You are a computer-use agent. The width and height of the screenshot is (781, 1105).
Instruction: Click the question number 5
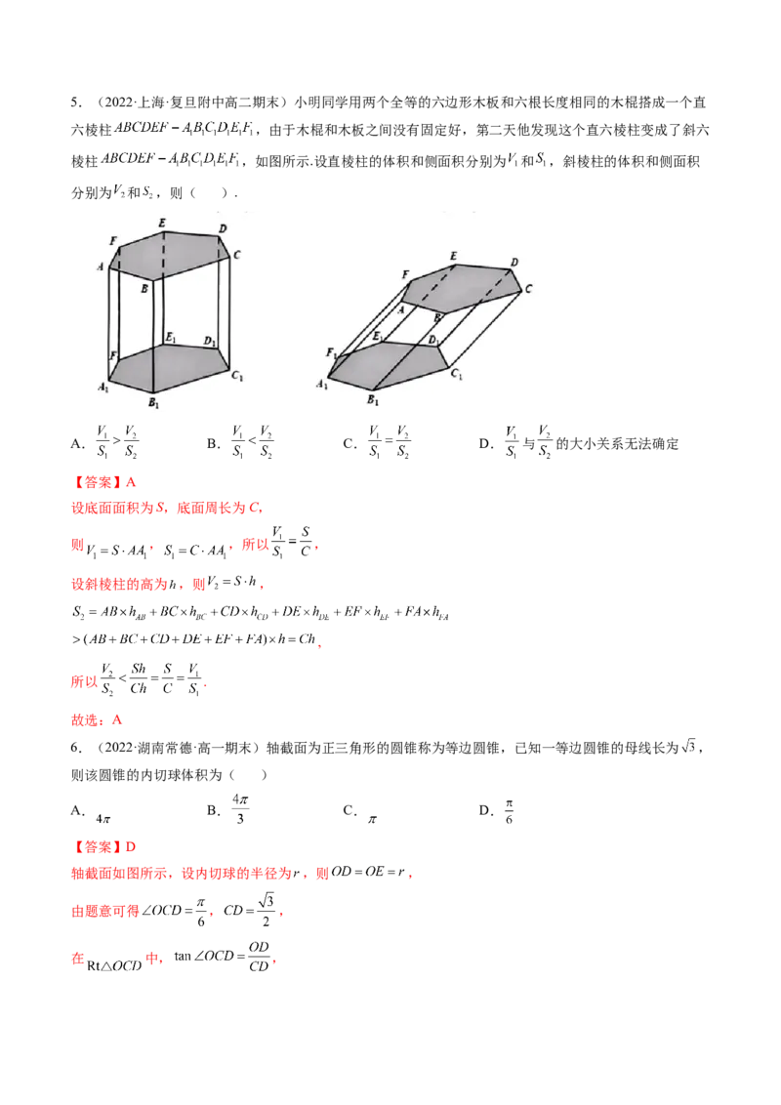(75, 102)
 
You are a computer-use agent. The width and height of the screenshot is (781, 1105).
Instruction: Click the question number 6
(75, 748)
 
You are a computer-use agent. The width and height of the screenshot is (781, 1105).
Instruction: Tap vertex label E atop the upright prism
(162, 223)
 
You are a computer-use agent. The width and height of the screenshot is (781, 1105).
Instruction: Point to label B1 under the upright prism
(153, 403)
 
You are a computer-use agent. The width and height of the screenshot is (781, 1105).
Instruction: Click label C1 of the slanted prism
(456, 374)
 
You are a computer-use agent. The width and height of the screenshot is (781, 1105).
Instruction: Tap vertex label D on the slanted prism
(514, 263)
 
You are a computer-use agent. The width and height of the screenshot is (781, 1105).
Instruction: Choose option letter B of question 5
(212, 443)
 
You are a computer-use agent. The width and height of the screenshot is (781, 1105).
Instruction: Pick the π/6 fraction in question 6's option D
(509, 811)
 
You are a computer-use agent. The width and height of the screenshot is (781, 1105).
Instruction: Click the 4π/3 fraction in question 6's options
(240, 809)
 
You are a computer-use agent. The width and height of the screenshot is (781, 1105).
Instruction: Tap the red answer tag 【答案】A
(103, 483)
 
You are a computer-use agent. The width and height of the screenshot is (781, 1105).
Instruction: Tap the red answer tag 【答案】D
(103, 847)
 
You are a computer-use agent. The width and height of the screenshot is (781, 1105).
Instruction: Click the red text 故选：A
(97, 720)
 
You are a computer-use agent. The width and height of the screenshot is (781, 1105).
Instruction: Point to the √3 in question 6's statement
(688, 747)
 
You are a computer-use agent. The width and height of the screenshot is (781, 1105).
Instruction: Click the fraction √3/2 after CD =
(266, 910)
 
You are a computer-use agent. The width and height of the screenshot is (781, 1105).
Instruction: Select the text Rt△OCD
(114, 965)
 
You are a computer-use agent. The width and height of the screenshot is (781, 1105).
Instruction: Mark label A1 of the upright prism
(103, 387)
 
